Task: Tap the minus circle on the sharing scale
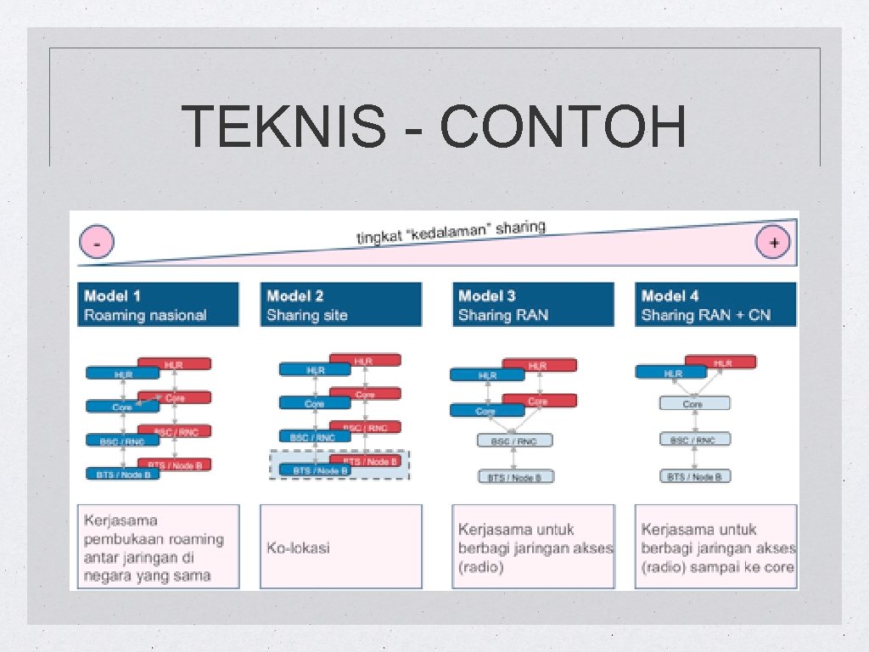pos(98,244)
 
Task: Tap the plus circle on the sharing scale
pos(773,243)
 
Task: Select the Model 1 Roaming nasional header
pos(158,305)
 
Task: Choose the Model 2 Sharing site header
pos(340,305)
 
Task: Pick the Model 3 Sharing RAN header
pos(532,305)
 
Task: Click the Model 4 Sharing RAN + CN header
pos(715,305)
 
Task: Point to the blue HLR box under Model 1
pos(122,373)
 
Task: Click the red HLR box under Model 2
pos(364,361)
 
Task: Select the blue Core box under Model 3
pos(486,411)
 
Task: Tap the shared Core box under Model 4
pos(694,403)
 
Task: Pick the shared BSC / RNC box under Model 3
pos(514,441)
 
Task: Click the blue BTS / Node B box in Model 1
pos(122,473)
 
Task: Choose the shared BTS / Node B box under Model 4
pos(694,476)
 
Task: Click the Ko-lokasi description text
pos(298,548)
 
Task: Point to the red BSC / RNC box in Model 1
pos(174,432)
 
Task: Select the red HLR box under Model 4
pos(722,363)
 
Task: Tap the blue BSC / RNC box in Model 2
pos(313,437)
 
